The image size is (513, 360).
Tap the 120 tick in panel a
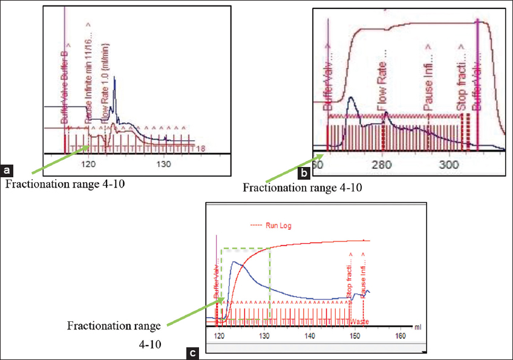point(89,163)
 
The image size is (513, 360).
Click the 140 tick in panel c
point(310,335)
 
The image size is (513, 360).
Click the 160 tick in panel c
point(399,335)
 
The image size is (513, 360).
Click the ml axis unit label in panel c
point(417,327)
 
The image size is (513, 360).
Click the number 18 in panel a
point(203,148)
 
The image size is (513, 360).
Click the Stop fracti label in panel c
point(350,278)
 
